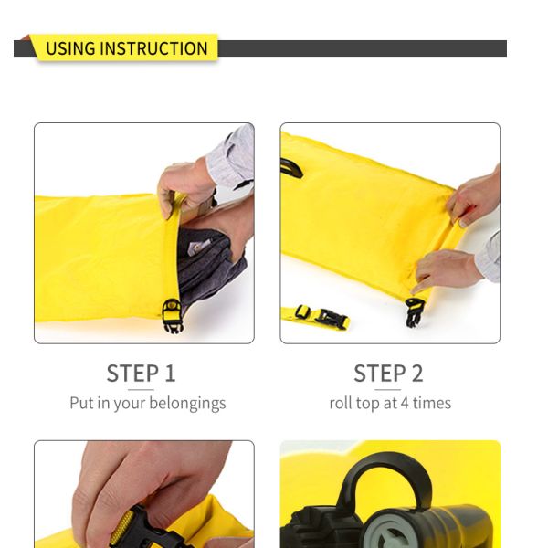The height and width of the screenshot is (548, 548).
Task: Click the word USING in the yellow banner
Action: pos(69,48)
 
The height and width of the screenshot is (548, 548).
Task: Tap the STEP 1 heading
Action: pos(141,374)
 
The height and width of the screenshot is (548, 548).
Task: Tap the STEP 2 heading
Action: pos(388,374)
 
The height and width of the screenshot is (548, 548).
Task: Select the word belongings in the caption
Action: pos(186,403)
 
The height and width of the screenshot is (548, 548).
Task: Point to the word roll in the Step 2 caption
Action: pos(342,403)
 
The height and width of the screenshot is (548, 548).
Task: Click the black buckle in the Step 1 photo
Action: pos(172,314)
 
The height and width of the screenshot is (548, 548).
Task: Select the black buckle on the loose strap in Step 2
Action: pos(332,319)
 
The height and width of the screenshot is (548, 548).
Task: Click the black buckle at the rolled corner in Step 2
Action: pos(415,311)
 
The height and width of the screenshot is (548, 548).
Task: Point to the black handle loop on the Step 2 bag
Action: pos(291,168)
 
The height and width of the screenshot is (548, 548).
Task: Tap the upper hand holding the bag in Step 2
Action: pos(475,196)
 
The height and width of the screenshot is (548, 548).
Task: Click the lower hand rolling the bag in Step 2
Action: pos(448,269)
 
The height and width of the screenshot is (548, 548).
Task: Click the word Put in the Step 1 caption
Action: pos(81,403)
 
